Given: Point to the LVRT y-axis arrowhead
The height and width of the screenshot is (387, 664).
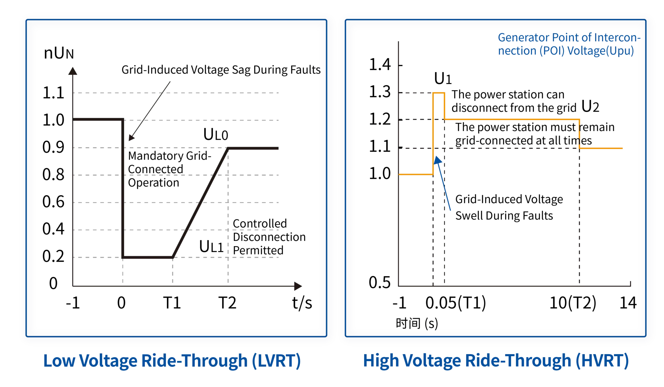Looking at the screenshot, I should [72, 70].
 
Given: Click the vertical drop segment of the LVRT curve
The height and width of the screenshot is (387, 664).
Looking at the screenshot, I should [122, 188].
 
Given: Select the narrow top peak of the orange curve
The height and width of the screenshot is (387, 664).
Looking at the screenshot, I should [439, 93].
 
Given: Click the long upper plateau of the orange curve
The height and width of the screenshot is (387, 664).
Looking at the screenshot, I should [512, 120].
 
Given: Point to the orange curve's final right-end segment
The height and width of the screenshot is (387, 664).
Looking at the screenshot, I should [602, 148].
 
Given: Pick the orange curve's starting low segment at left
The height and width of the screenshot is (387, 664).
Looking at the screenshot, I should [415, 175].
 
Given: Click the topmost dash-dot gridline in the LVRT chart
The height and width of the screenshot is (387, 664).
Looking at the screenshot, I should [177, 93].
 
